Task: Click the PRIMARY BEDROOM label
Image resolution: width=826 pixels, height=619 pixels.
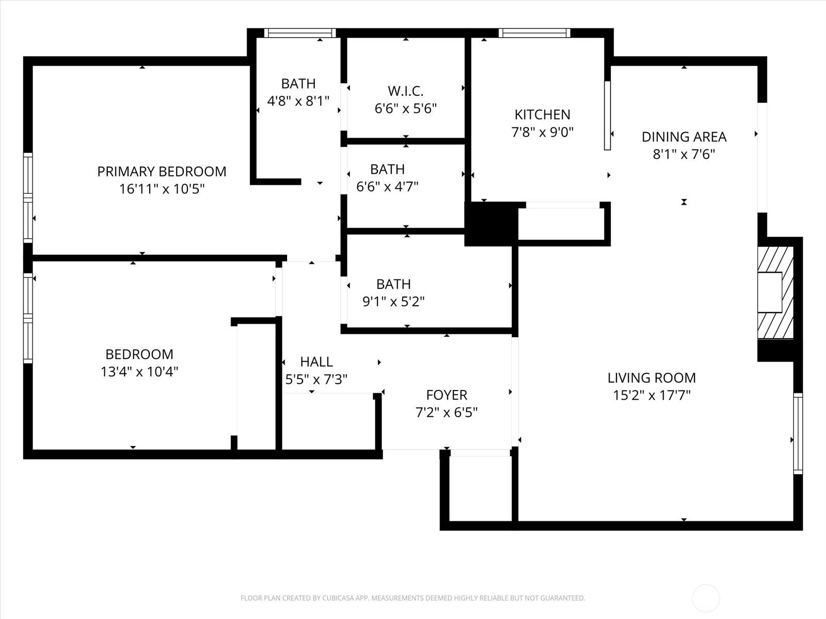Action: tap(162, 171)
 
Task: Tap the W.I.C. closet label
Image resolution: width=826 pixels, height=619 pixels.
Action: tap(406, 91)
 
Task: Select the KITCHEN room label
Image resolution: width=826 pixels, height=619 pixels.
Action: tap(542, 114)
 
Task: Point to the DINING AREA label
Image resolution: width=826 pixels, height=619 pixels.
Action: tap(684, 137)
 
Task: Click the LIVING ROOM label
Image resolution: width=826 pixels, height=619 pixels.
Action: tap(652, 378)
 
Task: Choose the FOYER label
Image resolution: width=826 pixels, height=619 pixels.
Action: tap(447, 395)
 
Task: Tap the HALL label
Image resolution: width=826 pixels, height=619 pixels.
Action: tap(316, 362)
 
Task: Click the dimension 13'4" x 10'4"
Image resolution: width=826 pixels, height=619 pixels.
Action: tap(139, 372)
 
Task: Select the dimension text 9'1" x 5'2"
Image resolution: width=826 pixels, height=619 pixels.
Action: tap(393, 301)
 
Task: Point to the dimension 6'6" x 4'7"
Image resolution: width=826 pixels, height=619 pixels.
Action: tap(387, 186)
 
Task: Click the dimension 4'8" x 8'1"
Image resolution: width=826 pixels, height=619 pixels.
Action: tap(298, 101)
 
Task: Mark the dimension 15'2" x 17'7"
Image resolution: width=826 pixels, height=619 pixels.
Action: tap(652, 395)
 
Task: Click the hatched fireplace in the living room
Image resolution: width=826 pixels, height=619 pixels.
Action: tap(775, 292)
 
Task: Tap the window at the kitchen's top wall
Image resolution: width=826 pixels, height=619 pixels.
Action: tap(534, 33)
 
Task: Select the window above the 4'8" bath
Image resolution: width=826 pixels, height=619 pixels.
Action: tap(300, 33)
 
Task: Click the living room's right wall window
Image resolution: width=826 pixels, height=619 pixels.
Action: tap(798, 433)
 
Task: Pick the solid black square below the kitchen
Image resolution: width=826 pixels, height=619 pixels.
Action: tap(491, 224)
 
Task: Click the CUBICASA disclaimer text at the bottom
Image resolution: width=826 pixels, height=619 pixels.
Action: tap(413, 598)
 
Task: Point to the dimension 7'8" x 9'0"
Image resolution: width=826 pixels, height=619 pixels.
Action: tap(542, 132)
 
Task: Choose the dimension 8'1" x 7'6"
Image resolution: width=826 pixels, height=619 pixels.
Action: tap(684, 154)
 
